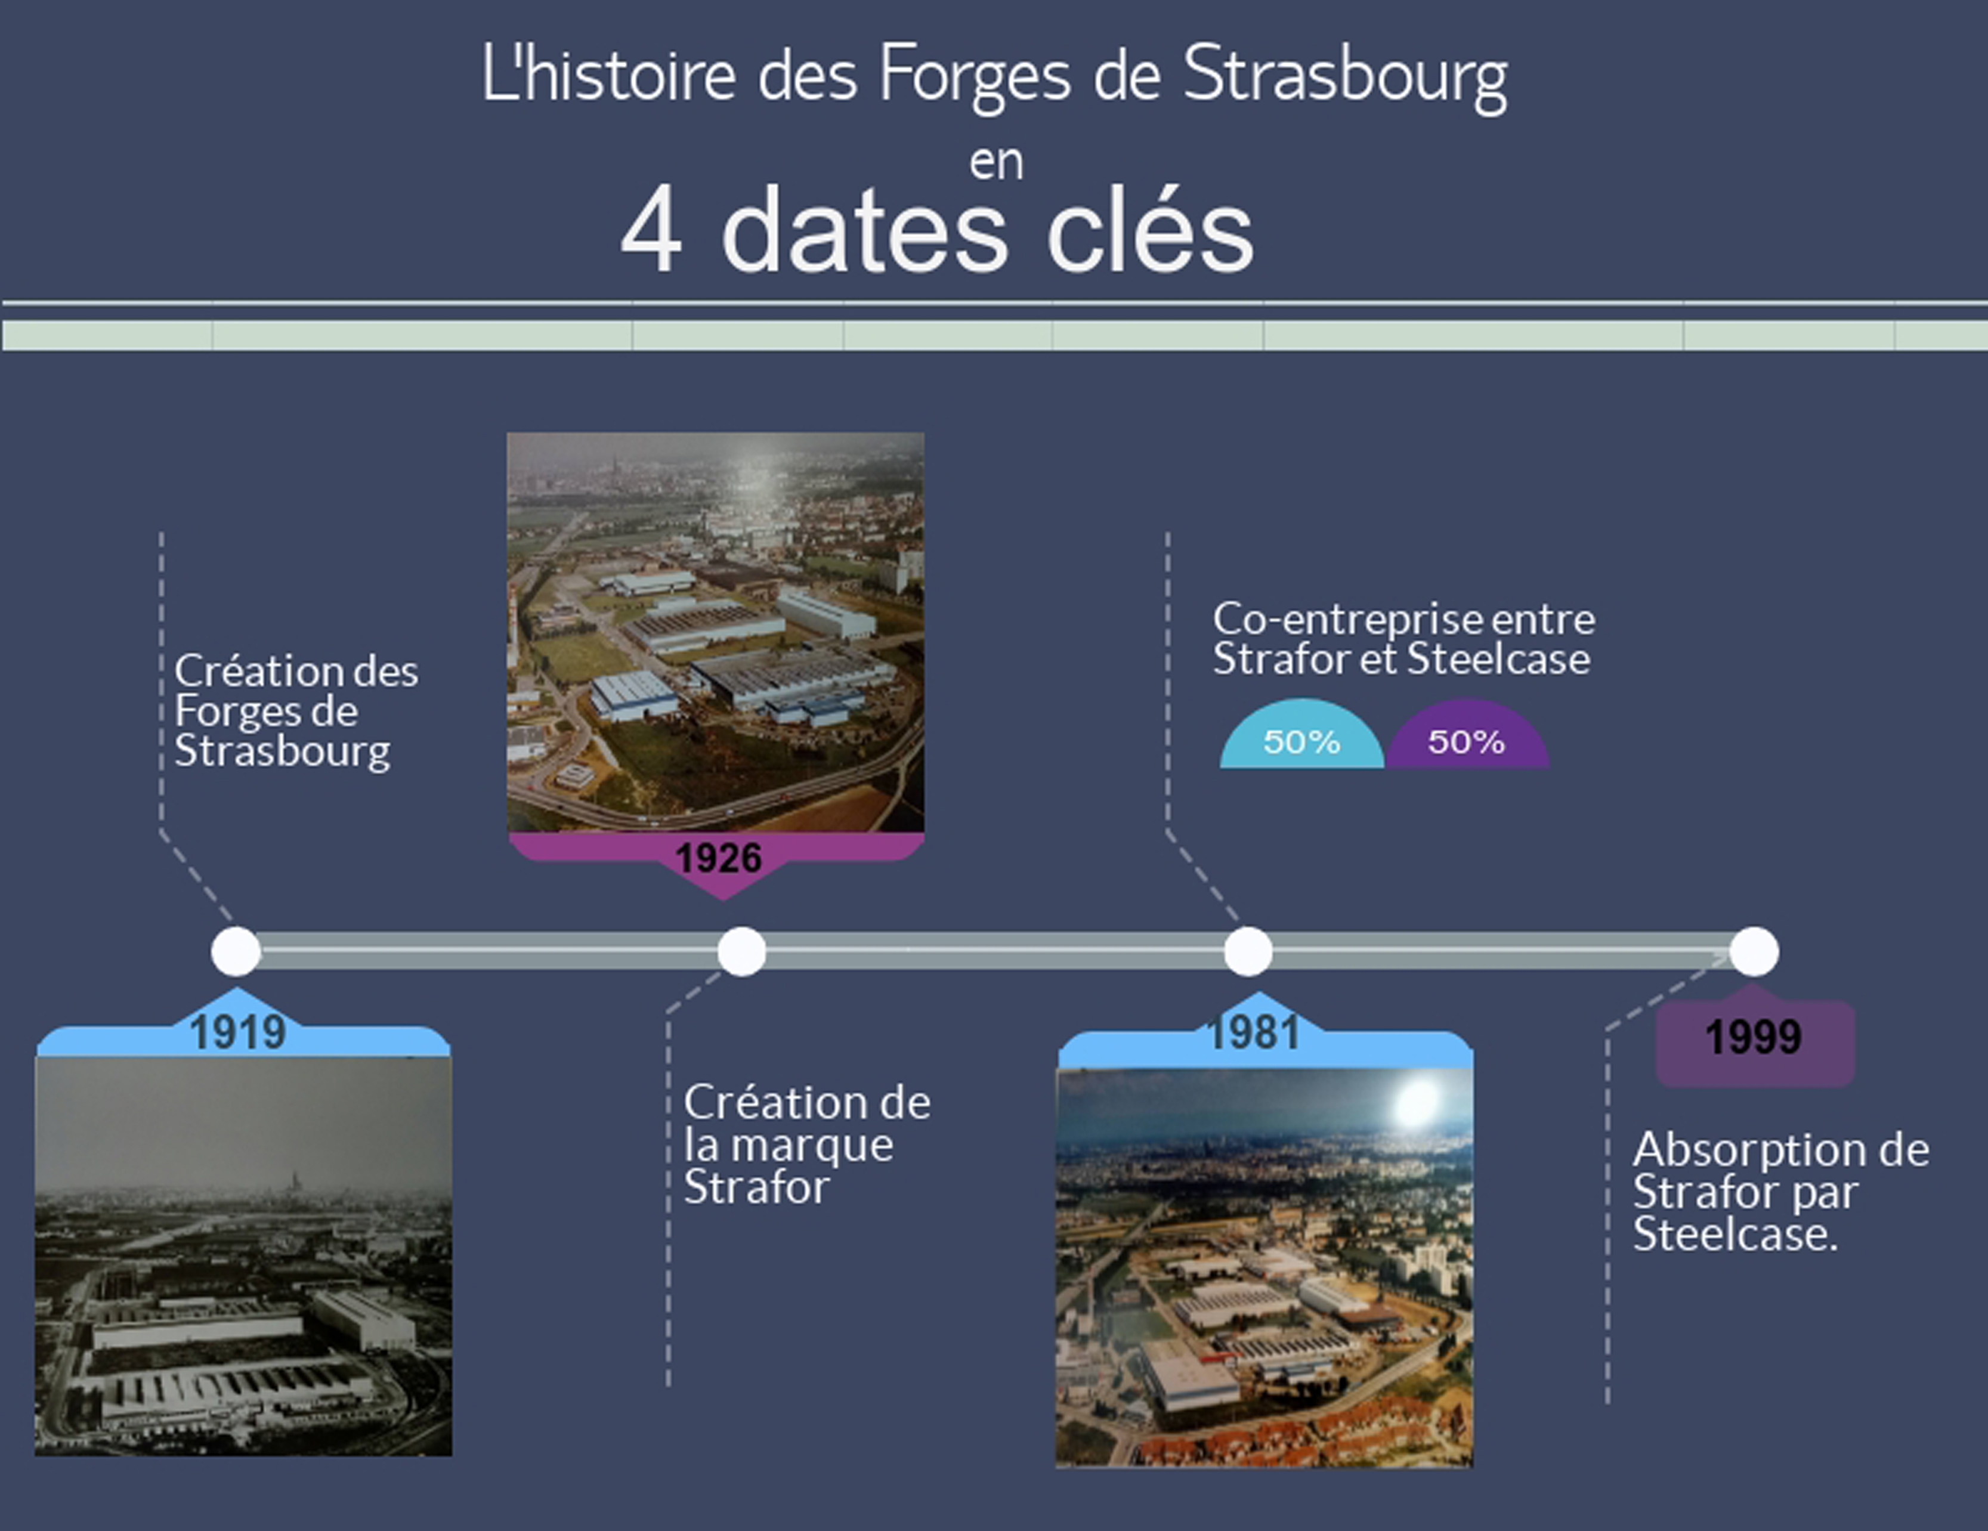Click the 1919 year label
(x=237, y=1033)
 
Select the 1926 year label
(x=718, y=858)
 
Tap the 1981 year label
(x=1253, y=1033)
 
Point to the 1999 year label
(x=1753, y=1037)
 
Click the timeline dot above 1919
(x=236, y=951)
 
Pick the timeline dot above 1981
(x=1247, y=951)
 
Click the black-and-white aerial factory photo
(x=243, y=1256)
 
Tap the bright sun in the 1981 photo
(x=1417, y=1104)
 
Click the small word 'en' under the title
(x=996, y=163)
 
